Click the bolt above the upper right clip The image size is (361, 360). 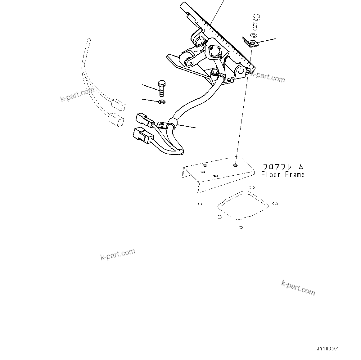(256, 21)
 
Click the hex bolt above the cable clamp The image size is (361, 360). (161, 88)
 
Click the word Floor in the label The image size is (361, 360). (271, 175)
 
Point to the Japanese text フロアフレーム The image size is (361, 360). (282, 167)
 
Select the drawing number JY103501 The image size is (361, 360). (328, 349)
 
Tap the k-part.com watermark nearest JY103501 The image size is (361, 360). (298, 288)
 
